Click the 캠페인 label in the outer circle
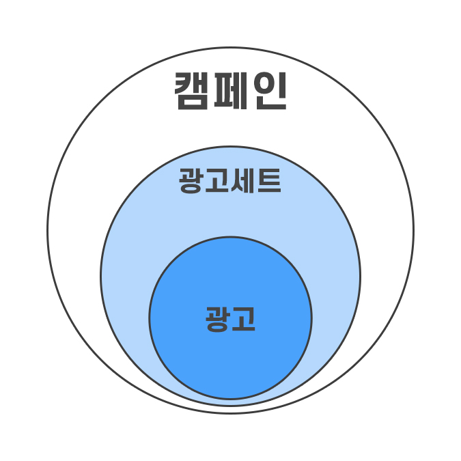click(x=231, y=91)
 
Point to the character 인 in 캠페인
click(x=270, y=91)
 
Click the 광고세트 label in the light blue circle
click(x=230, y=180)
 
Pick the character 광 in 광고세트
click(x=191, y=181)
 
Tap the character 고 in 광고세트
click(x=217, y=180)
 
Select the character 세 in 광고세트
click(x=242, y=180)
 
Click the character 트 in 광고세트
click(x=269, y=180)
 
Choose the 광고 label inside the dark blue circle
click(x=230, y=319)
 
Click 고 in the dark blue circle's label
click(x=243, y=318)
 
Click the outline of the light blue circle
click(x=101, y=276)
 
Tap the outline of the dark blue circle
click(x=150, y=318)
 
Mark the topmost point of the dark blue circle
click(x=230, y=236)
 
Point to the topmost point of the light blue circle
click(x=231, y=146)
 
